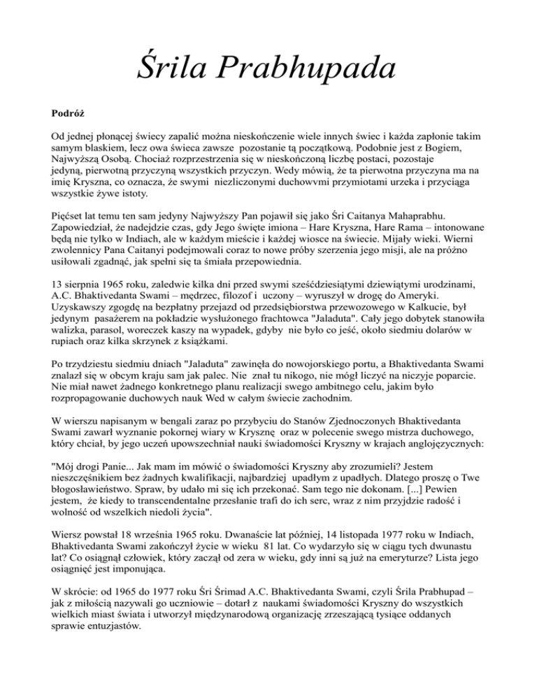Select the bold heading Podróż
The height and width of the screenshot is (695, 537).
[x=69, y=111]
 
